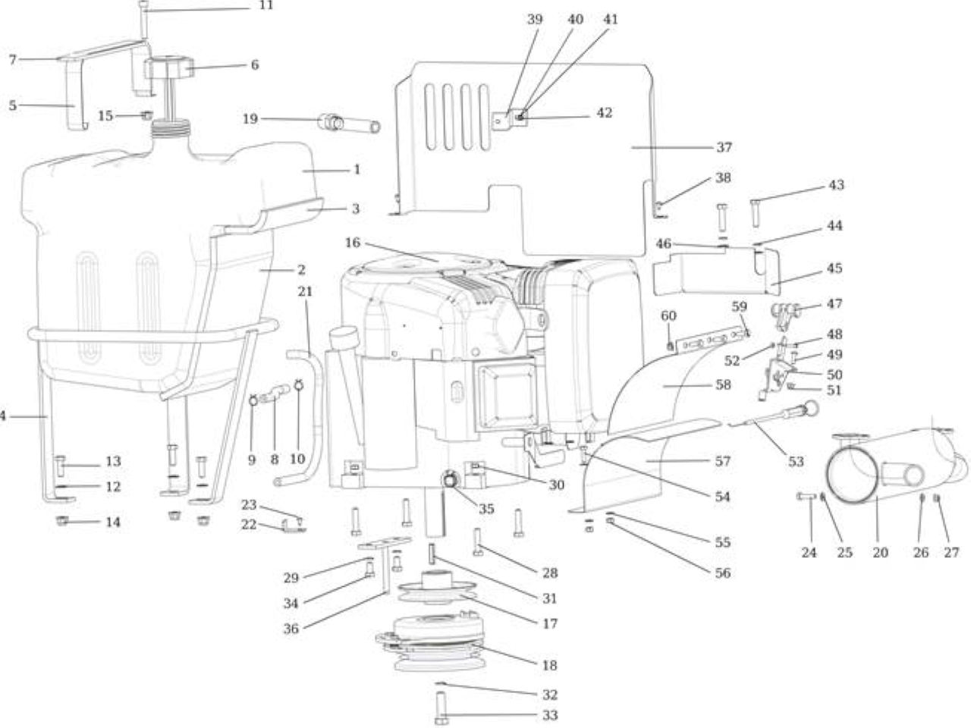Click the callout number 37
point(724,147)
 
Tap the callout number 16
point(353,243)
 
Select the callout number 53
point(796,462)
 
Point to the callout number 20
point(880,553)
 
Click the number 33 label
point(550,715)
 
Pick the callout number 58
point(723,385)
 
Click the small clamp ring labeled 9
point(254,400)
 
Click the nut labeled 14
point(62,522)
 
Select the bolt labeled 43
point(756,214)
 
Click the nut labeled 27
point(937,498)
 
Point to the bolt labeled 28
point(478,542)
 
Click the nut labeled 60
point(671,346)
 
